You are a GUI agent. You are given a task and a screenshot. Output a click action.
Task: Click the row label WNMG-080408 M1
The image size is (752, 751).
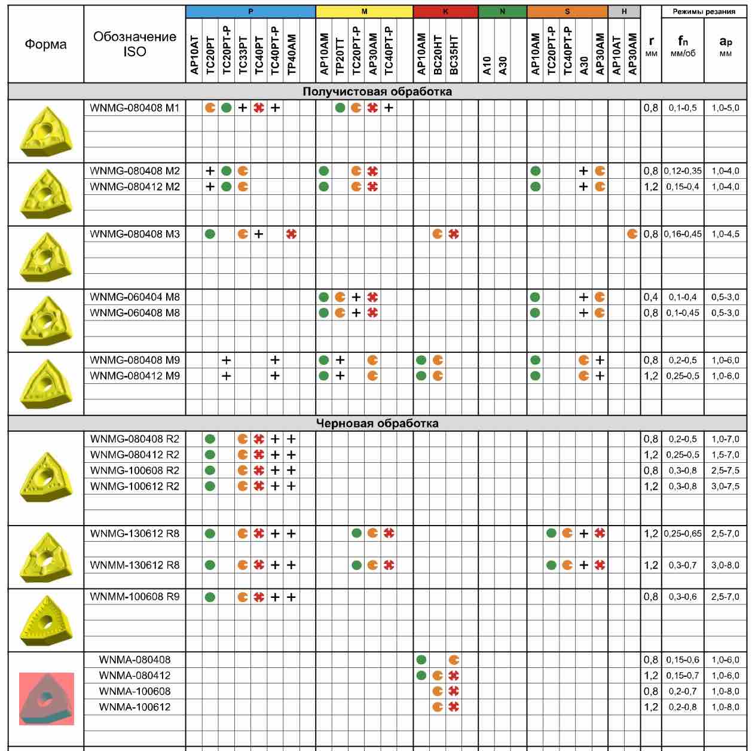(x=134, y=108)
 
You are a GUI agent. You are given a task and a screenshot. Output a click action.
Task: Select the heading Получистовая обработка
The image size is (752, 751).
(x=377, y=91)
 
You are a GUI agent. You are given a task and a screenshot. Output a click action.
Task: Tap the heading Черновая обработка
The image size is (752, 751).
(x=377, y=423)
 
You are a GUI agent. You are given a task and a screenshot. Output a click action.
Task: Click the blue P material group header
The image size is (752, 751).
(x=250, y=11)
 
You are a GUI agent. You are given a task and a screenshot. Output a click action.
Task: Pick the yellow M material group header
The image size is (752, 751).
(x=364, y=11)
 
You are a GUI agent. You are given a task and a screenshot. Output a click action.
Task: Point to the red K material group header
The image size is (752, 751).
(x=445, y=11)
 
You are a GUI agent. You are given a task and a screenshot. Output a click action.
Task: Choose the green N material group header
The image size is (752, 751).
(x=502, y=11)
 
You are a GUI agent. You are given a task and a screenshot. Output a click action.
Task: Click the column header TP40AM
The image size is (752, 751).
(x=291, y=54)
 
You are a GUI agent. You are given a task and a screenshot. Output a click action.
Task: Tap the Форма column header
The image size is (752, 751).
(x=45, y=44)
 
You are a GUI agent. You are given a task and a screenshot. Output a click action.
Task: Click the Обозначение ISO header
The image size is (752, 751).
(x=134, y=44)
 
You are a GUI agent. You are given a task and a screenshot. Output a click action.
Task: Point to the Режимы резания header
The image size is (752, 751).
(x=704, y=11)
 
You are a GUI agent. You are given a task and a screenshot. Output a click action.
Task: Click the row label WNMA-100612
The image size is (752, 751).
(x=134, y=707)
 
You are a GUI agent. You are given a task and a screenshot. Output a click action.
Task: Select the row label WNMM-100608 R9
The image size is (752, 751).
(x=134, y=597)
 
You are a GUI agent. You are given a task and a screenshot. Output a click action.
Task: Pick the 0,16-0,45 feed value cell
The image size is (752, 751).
(x=683, y=234)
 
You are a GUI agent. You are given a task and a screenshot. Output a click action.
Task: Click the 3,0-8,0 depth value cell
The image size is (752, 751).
(x=725, y=565)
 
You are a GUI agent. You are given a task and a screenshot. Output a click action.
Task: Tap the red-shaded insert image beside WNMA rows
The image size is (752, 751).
(x=46, y=698)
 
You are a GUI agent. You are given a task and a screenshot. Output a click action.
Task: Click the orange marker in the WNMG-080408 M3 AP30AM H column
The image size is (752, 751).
(x=632, y=234)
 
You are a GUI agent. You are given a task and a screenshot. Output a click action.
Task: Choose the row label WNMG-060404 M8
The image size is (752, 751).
(x=134, y=297)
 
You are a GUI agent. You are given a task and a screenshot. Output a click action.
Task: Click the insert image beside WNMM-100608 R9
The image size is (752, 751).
(x=45, y=620)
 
